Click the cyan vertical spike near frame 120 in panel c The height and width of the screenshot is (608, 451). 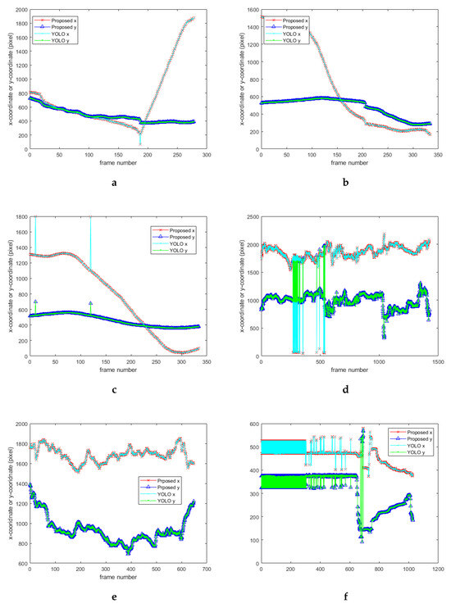(90, 246)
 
